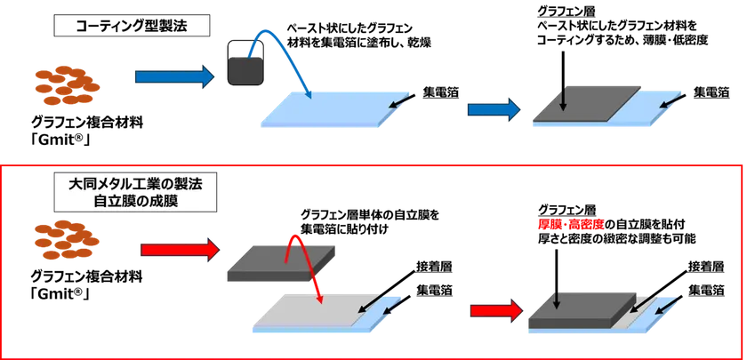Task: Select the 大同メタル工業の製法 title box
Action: tap(135, 192)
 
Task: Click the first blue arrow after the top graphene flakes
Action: tap(175, 77)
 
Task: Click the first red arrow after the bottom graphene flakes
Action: tap(180, 250)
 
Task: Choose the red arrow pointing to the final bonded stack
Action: tap(496, 310)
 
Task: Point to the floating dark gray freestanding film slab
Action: tap(282, 263)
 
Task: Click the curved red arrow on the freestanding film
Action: tap(305, 264)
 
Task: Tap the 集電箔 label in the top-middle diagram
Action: tap(441, 92)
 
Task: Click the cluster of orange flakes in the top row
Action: tap(68, 84)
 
